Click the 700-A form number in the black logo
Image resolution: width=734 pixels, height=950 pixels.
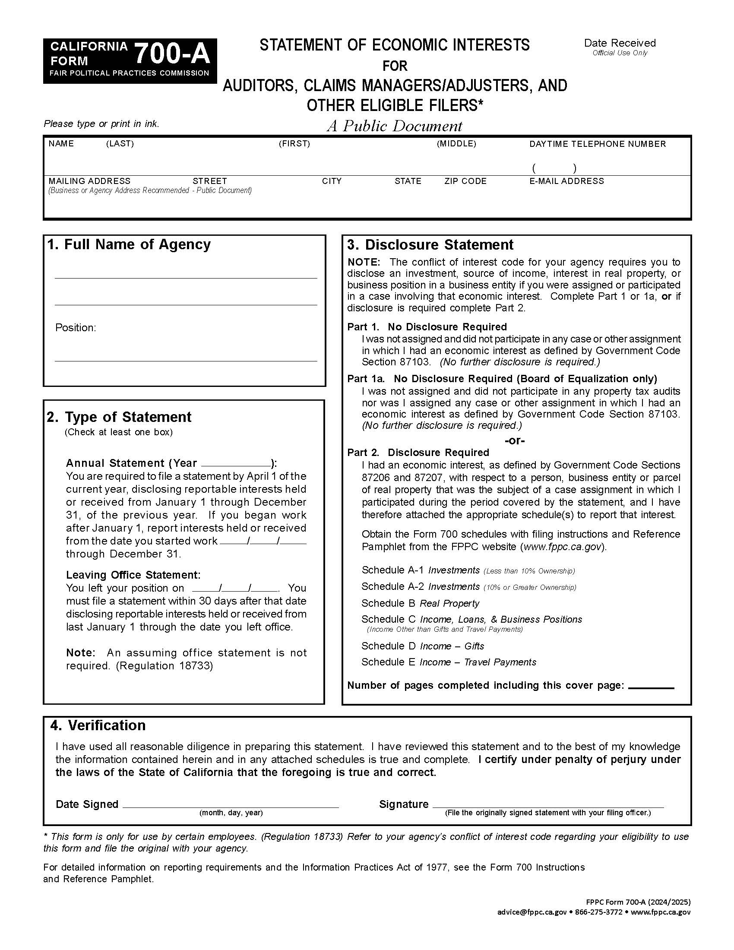pyautogui.click(x=172, y=54)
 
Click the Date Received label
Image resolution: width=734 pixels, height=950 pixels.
pyautogui.click(x=620, y=43)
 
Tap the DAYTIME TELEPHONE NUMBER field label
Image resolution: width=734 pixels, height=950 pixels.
pyautogui.click(x=597, y=144)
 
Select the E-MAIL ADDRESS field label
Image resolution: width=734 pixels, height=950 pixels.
pyautogui.click(x=566, y=181)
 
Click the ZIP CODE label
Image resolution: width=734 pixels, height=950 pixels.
pyautogui.click(x=465, y=181)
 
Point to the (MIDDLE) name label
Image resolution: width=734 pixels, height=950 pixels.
pyautogui.click(x=456, y=143)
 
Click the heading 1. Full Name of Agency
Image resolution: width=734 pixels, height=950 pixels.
pyautogui.click(x=129, y=244)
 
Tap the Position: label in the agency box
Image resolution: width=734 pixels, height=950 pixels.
pyautogui.click(x=75, y=328)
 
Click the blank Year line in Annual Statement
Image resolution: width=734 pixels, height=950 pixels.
pyautogui.click(x=236, y=463)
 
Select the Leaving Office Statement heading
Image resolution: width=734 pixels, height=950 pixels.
pyautogui.click(x=133, y=575)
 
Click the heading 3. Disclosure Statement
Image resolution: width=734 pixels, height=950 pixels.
pyautogui.click(x=430, y=245)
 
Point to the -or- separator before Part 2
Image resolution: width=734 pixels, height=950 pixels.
pyautogui.click(x=514, y=440)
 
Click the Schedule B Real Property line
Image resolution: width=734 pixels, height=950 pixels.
pyautogui.click(x=420, y=603)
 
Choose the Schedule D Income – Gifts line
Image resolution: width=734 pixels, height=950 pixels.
pyautogui.click(x=423, y=646)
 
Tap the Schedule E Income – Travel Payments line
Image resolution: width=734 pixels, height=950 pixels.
pyautogui.click(x=449, y=662)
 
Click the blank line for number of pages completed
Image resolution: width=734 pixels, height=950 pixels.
pyautogui.click(x=651, y=687)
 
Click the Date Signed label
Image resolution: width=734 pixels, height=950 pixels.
pyautogui.click(x=87, y=804)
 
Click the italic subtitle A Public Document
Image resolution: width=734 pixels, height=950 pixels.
pyautogui.click(x=394, y=126)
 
